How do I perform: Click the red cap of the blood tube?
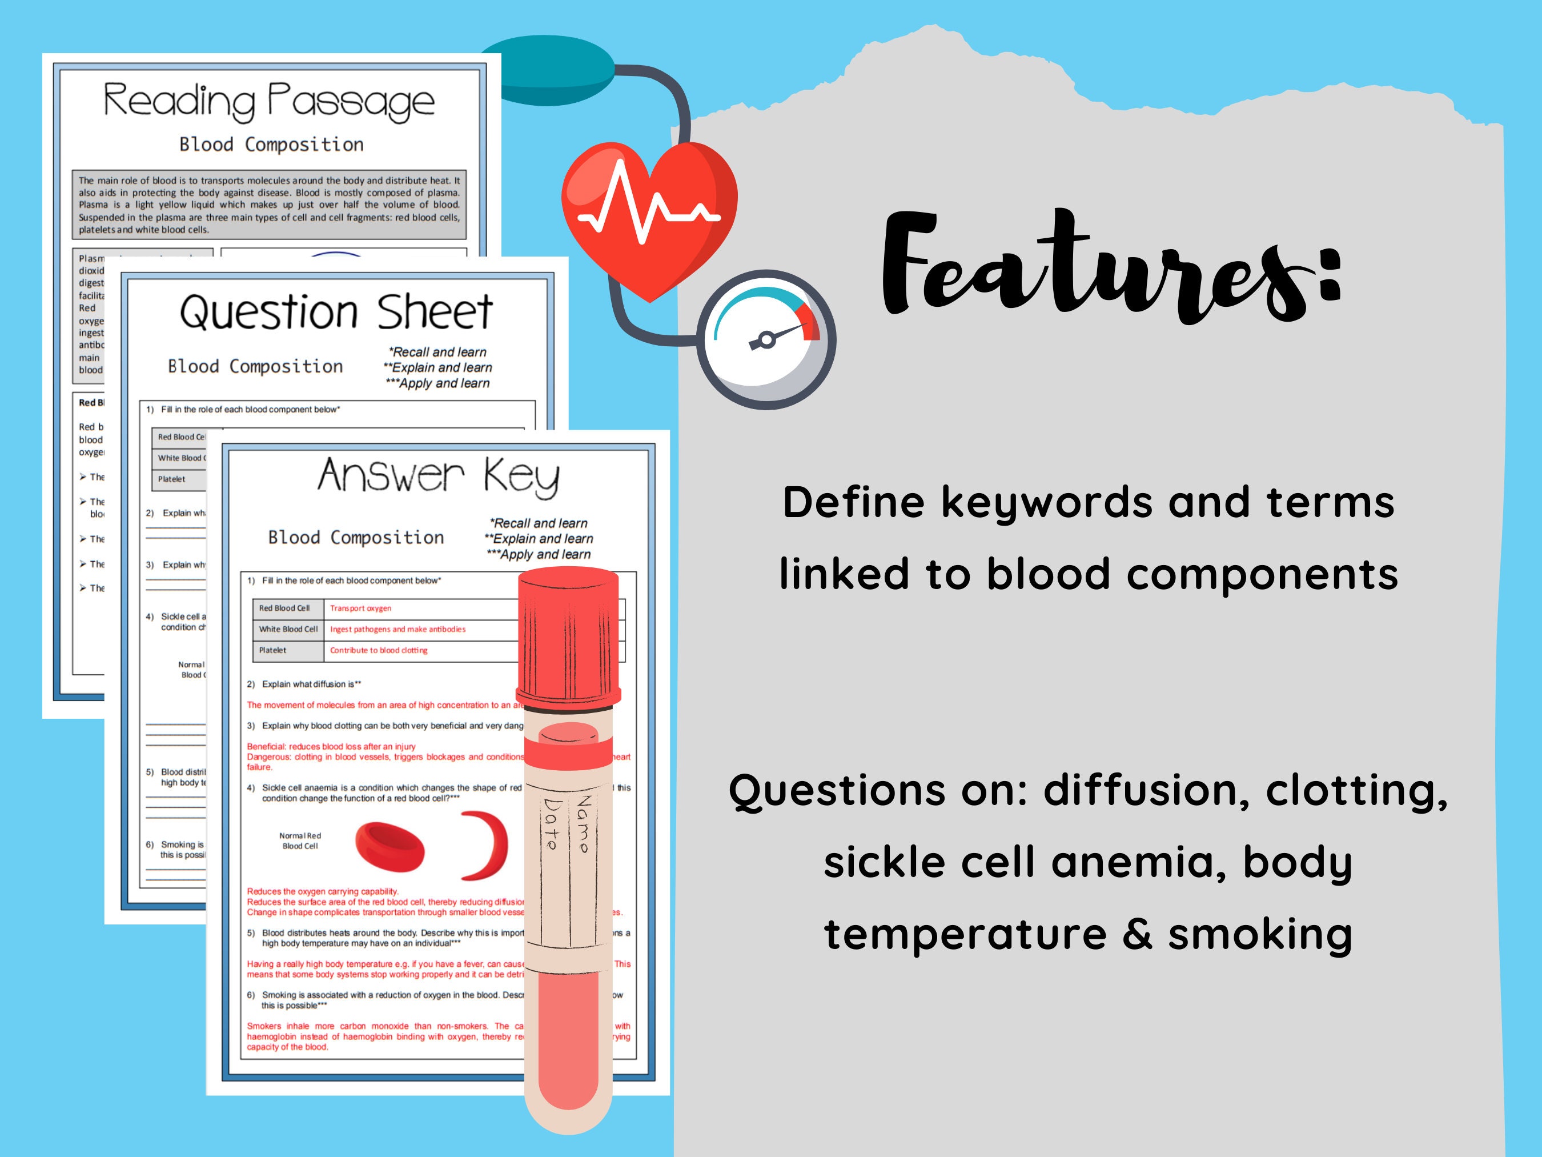click(x=568, y=635)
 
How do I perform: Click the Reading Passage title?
click(x=269, y=102)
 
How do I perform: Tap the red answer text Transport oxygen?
click(x=360, y=608)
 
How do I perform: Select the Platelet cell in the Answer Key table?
click(x=272, y=650)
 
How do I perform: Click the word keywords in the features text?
click(x=1047, y=503)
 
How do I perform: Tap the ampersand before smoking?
click(x=1137, y=935)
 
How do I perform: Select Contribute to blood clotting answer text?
click(x=379, y=650)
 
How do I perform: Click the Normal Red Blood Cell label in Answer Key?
click(x=300, y=840)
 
